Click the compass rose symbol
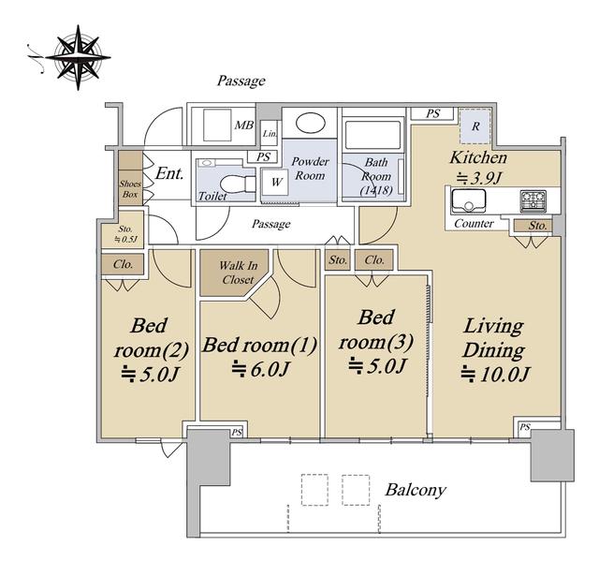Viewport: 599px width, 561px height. (x=79, y=57)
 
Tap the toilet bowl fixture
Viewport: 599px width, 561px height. (x=237, y=185)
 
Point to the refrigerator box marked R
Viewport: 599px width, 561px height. (x=475, y=126)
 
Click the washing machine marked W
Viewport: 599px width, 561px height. (x=277, y=183)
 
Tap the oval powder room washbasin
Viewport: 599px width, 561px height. (x=310, y=123)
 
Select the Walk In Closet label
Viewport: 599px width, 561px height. (x=238, y=273)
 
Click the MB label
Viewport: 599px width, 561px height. (x=243, y=125)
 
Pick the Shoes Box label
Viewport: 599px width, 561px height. (x=130, y=189)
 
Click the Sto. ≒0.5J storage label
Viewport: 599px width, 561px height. (x=125, y=234)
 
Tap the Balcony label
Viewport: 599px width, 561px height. (x=416, y=491)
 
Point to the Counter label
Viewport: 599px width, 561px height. (x=474, y=223)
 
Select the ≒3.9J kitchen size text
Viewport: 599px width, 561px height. (x=478, y=178)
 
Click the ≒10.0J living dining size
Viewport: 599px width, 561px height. (x=495, y=374)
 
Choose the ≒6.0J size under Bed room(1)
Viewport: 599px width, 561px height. (x=260, y=369)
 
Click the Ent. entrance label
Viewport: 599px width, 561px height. (x=169, y=173)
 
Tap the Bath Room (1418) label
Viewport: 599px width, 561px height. (x=376, y=176)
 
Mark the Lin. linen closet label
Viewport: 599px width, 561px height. (x=270, y=134)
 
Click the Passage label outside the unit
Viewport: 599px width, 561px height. (x=241, y=81)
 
